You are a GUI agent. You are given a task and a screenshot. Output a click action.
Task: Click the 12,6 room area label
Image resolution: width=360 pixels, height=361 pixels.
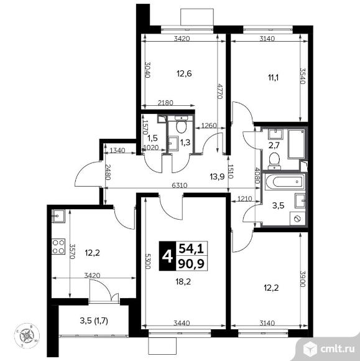183,74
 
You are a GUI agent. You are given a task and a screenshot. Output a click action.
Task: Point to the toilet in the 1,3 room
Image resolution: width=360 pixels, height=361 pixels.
182,127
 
